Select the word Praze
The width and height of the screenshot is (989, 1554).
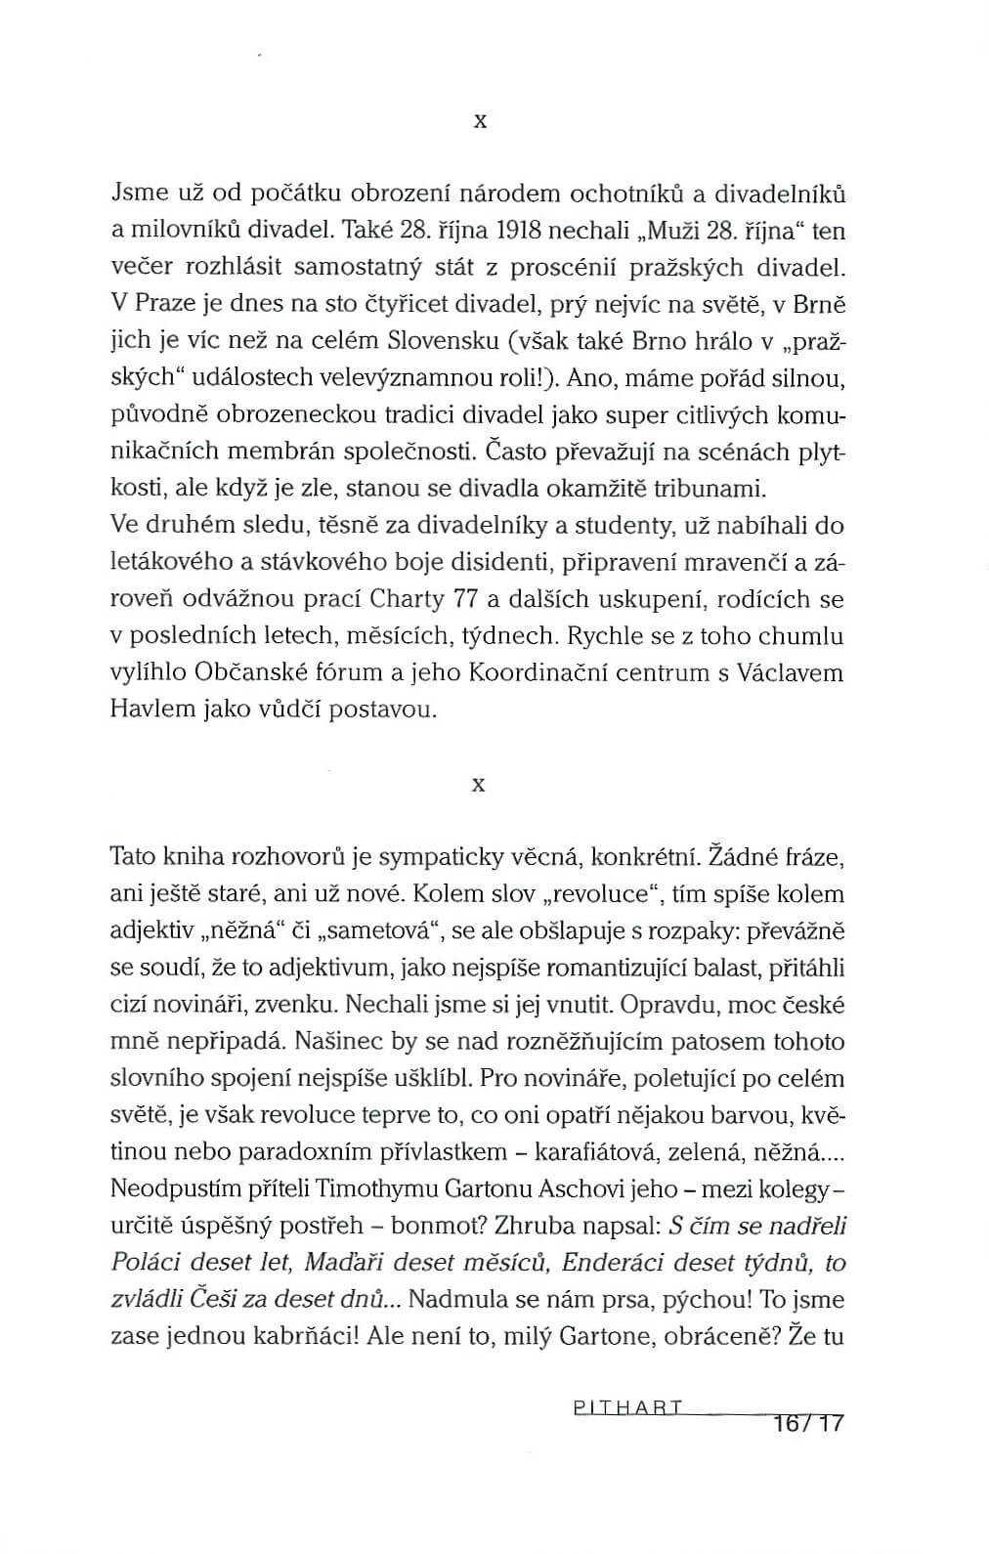[162, 304]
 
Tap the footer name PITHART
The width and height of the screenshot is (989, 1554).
[625, 1408]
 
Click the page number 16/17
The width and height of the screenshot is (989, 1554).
[806, 1423]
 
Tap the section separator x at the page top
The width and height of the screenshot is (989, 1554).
[479, 122]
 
